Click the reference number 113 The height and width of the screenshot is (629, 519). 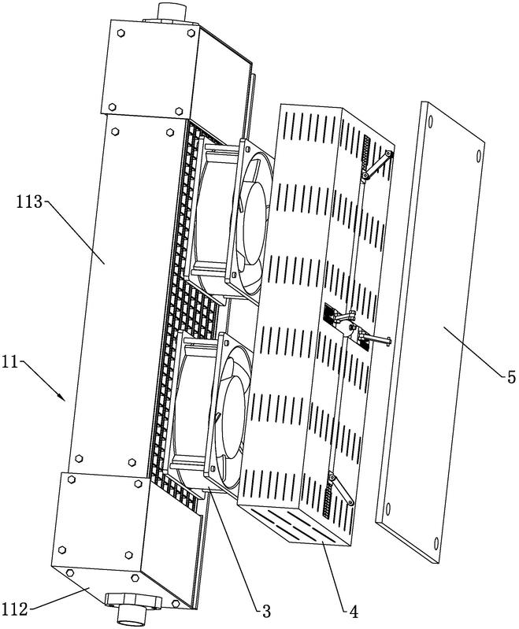(x=29, y=202)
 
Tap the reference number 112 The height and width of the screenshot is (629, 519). (x=15, y=609)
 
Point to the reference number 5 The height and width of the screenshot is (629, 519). (x=511, y=377)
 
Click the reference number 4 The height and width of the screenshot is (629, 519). (x=354, y=612)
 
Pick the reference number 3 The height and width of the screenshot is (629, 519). (x=266, y=612)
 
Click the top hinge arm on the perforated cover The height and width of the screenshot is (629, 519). (x=377, y=165)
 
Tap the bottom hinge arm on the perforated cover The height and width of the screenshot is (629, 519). (x=342, y=490)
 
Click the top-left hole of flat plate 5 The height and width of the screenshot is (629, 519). (x=431, y=120)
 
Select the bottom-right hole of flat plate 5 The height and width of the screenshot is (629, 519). (x=436, y=543)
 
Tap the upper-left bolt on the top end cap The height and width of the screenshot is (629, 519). (x=120, y=33)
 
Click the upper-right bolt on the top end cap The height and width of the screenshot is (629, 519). (x=191, y=33)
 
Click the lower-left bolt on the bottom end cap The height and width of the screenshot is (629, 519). (x=61, y=549)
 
